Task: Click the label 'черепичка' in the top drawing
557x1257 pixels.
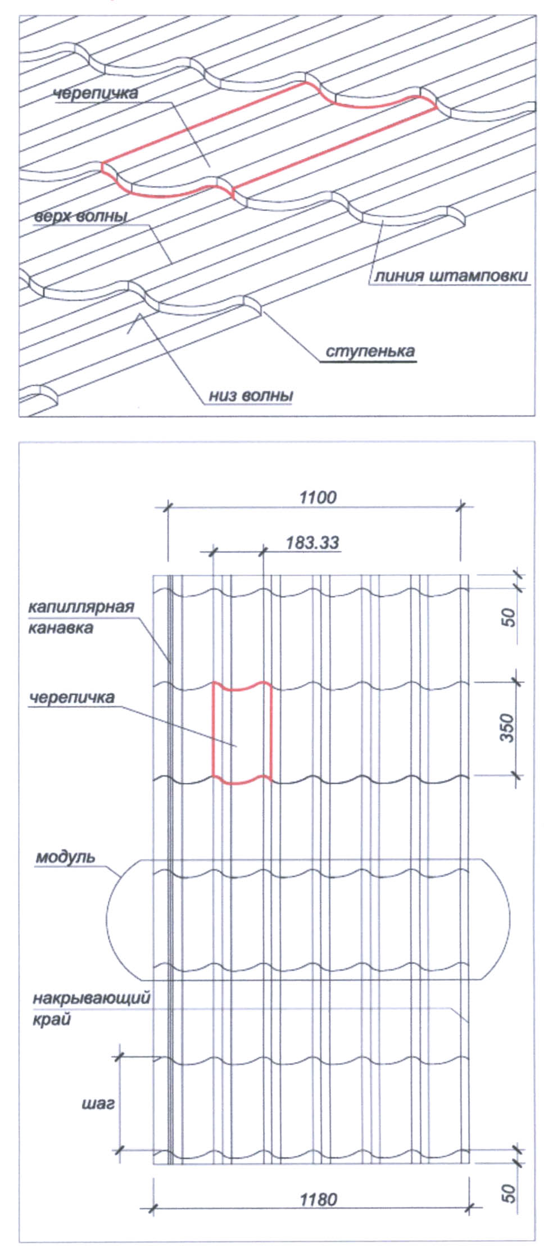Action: click(96, 93)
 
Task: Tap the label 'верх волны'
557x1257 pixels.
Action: click(79, 216)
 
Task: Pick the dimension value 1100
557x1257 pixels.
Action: click(318, 497)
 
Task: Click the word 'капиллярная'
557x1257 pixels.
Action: click(81, 608)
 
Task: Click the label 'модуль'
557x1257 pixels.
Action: click(66, 858)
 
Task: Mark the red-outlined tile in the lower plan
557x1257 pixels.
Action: click(242, 733)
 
